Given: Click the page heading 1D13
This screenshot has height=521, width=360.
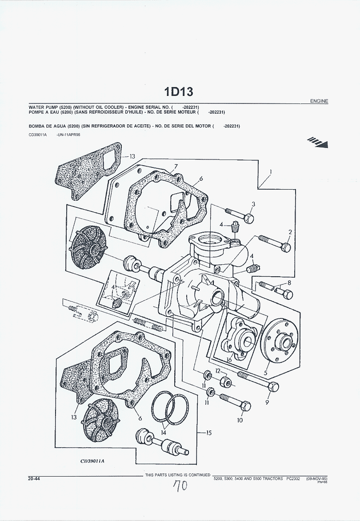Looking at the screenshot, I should point(179,91).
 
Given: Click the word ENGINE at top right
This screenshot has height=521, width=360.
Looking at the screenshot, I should point(319,101).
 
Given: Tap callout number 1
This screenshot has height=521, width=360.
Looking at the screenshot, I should point(271,171).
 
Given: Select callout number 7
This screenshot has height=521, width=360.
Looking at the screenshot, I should point(176,167).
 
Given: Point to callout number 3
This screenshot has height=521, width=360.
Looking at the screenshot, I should point(253,204).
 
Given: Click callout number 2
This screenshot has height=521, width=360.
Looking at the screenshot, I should point(290,232).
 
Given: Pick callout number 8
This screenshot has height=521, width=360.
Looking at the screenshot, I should point(289,282).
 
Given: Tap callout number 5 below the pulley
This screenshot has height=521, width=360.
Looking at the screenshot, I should point(265,373).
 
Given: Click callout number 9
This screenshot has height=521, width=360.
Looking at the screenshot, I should point(267,402).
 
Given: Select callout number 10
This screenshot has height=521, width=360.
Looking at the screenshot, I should point(240,420).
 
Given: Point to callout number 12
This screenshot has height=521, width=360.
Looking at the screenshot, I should point(218,370).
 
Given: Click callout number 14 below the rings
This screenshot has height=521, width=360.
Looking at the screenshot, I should point(164,432).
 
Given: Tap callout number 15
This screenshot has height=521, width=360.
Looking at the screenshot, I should point(208,433).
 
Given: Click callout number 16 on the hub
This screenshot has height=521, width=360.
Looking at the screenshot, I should point(229,359).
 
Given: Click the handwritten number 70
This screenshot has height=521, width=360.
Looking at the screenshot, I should point(180,487).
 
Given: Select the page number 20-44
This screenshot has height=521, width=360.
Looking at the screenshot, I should point(34,479).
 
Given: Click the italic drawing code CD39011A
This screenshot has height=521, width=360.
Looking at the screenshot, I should point(92,461).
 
